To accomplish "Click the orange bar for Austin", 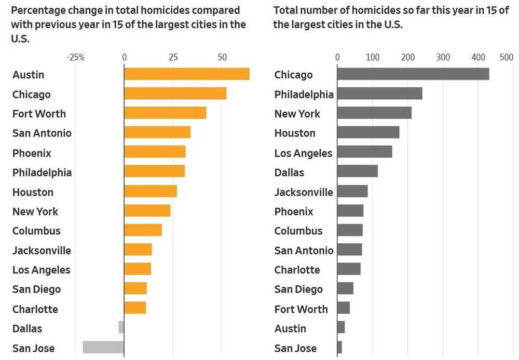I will pyautogui.click(x=186, y=74).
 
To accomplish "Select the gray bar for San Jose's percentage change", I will pyautogui.click(x=103, y=348).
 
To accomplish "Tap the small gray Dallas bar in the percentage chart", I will pyautogui.click(x=121, y=328).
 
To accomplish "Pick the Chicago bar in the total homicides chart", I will pyautogui.click(x=413, y=74).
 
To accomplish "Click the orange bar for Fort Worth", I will pyautogui.click(x=165, y=113).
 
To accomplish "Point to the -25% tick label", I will pyautogui.click(x=76, y=57).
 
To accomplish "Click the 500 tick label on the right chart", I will pyautogui.click(x=506, y=57).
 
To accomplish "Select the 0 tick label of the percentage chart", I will pyautogui.click(x=124, y=57).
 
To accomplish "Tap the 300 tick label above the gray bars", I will pyautogui.click(x=443, y=57).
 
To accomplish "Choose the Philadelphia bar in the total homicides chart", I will pyautogui.click(x=379, y=94).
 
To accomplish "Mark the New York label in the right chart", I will pyautogui.click(x=297, y=113).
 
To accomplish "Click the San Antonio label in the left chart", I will pyautogui.click(x=42, y=133).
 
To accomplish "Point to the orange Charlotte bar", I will pyautogui.click(x=135, y=308).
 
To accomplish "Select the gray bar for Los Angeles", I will pyautogui.click(x=364, y=152).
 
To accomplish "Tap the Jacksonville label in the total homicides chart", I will pyautogui.click(x=304, y=192).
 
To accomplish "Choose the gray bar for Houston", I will pyautogui.click(x=368, y=132).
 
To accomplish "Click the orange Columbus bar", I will pyautogui.click(x=143, y=230).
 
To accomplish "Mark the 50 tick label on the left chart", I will pyautogui.click(x=222, y=57).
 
